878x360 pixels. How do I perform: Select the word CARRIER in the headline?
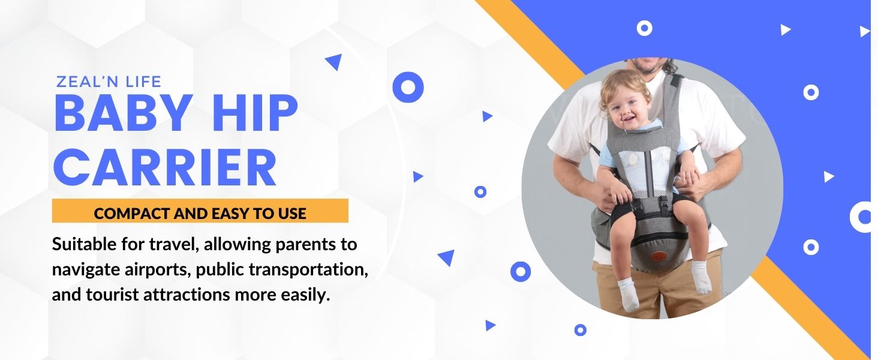(165, 167)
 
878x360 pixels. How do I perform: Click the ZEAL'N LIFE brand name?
(109, 82)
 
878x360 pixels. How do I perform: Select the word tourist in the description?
(112, 295)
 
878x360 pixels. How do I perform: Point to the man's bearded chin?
(649, 67)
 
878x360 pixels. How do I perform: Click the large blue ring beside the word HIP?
(408, 87)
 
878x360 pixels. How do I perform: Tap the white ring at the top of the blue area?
(644, 28)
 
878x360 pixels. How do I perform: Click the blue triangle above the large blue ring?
(334, 61)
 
